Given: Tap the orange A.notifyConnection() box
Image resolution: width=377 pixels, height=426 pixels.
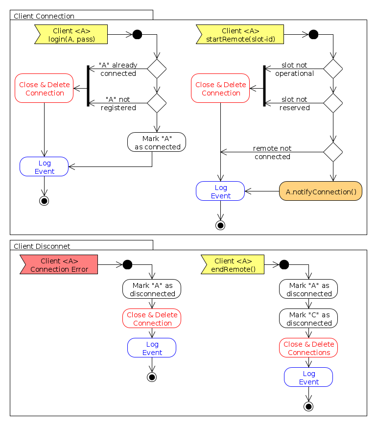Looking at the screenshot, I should (x=321, y=191).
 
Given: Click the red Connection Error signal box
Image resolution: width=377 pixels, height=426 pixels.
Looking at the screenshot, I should (x=59, y=265).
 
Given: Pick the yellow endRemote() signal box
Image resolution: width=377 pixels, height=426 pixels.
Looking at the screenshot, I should (x=233, y=265).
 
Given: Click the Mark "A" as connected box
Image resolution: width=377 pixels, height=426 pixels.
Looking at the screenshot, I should (x=157, y=142).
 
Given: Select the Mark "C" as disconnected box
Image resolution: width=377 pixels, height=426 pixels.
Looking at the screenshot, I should (x=308, y=319).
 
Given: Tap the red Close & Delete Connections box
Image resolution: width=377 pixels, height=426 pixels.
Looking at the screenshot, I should (x=308, y=348).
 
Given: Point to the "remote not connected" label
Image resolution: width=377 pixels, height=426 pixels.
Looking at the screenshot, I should (x=272, y=152).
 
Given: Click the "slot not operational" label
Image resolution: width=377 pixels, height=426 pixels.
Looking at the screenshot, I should (x=294, y=69).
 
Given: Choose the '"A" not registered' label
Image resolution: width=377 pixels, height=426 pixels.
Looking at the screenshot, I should (x=118, y=103).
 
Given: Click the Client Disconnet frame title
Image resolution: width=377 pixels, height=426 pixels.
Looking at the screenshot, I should (x=42, y=246).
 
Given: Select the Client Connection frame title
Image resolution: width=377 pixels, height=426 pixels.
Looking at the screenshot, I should (x=44, y=16).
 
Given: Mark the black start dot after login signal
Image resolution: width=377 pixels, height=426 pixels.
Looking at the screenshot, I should (x=137, y=34).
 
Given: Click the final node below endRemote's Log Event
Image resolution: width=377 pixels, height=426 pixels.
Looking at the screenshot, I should (x=308, y=406).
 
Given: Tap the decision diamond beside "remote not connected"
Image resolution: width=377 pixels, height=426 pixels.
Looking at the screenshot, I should (x=333, y=152).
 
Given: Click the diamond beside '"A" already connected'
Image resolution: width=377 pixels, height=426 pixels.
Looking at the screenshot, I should (x=157, y=69).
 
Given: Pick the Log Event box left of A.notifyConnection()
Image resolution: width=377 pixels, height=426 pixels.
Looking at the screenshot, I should (x=220, y=191).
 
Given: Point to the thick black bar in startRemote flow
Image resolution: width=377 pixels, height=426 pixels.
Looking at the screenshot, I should (x=264, y=86).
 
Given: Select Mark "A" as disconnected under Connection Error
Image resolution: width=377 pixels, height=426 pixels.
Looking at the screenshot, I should (x=152, y=289).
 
